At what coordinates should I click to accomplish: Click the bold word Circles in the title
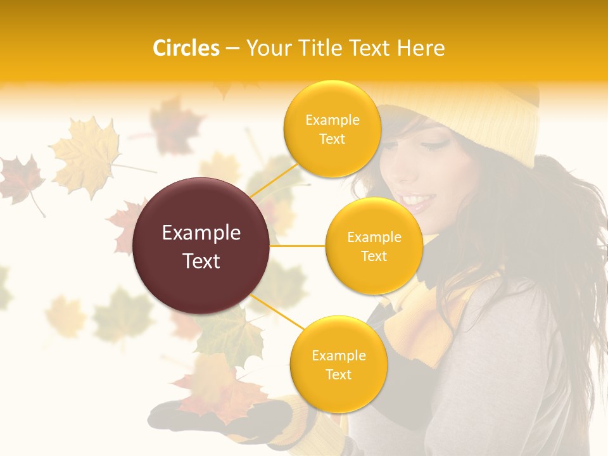tap(186, 48)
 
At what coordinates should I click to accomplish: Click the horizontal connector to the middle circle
tap(298, 246)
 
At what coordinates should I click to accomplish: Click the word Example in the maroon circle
tap(201, 233)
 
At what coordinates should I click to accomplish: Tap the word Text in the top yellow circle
tap(332, 139)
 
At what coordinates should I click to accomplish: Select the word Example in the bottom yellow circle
tap(338, 355)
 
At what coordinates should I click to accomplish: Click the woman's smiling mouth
tap(418, 201)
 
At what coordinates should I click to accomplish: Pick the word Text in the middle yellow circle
tap(374, 256)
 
